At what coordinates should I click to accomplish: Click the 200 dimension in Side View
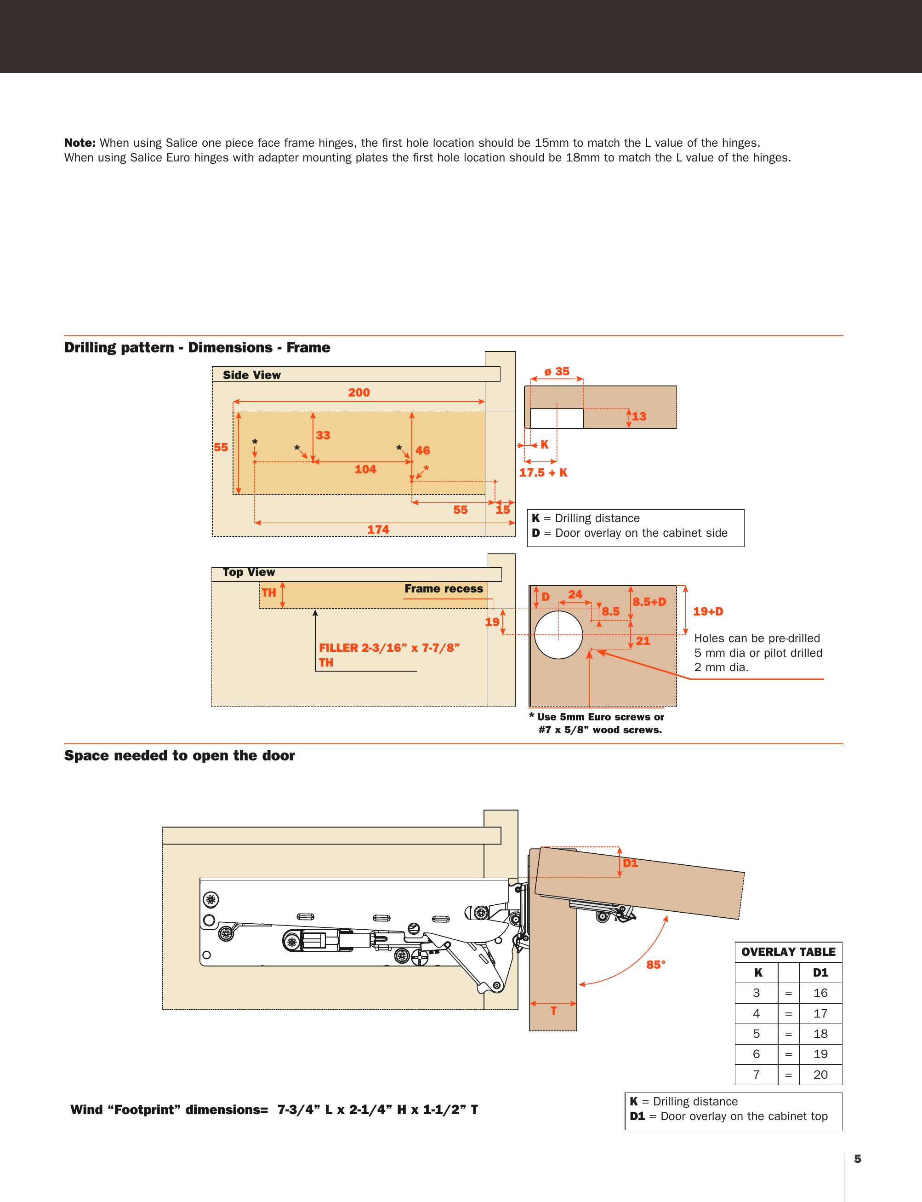tap(359, 392)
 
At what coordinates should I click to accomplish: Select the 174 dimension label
tap(378, 529)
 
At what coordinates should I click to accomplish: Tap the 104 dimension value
tap(365, 469)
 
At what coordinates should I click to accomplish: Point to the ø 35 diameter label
tap(557, 372)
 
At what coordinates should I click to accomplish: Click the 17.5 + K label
tap(543, 472)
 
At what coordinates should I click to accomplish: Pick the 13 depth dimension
tap(639, 416)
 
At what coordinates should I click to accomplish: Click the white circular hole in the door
tap(558, 634)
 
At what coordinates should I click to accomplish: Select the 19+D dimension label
tap(708, 611)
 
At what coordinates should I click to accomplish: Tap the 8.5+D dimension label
tap(649, 601)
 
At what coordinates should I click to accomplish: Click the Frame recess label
tap(444, 589)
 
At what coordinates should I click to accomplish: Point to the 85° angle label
tap(656, 965)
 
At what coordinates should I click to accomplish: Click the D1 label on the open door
tap(631, 863)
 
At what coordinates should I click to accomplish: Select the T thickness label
tap(554, 1010)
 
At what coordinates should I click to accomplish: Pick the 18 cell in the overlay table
tap(820, 1034)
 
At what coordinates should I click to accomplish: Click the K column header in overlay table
tap(758, 972)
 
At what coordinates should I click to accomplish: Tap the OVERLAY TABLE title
tap(788, 952)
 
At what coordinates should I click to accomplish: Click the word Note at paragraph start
tap(80, 143)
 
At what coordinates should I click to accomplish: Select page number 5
tap(857, 1159)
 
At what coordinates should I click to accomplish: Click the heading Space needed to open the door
tap(179, 756)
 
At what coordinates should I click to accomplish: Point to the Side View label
tap(252, 375)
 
